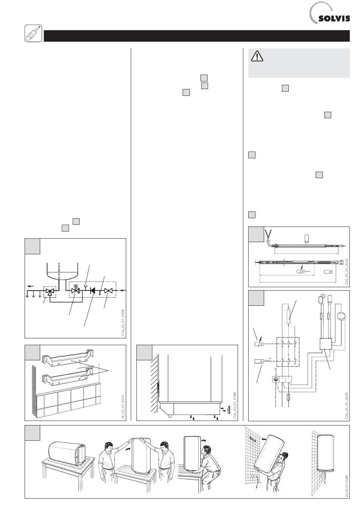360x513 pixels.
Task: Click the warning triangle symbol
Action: point(257,57)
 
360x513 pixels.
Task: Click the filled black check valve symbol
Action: point(92,292)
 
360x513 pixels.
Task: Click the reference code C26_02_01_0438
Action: point(122,322)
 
